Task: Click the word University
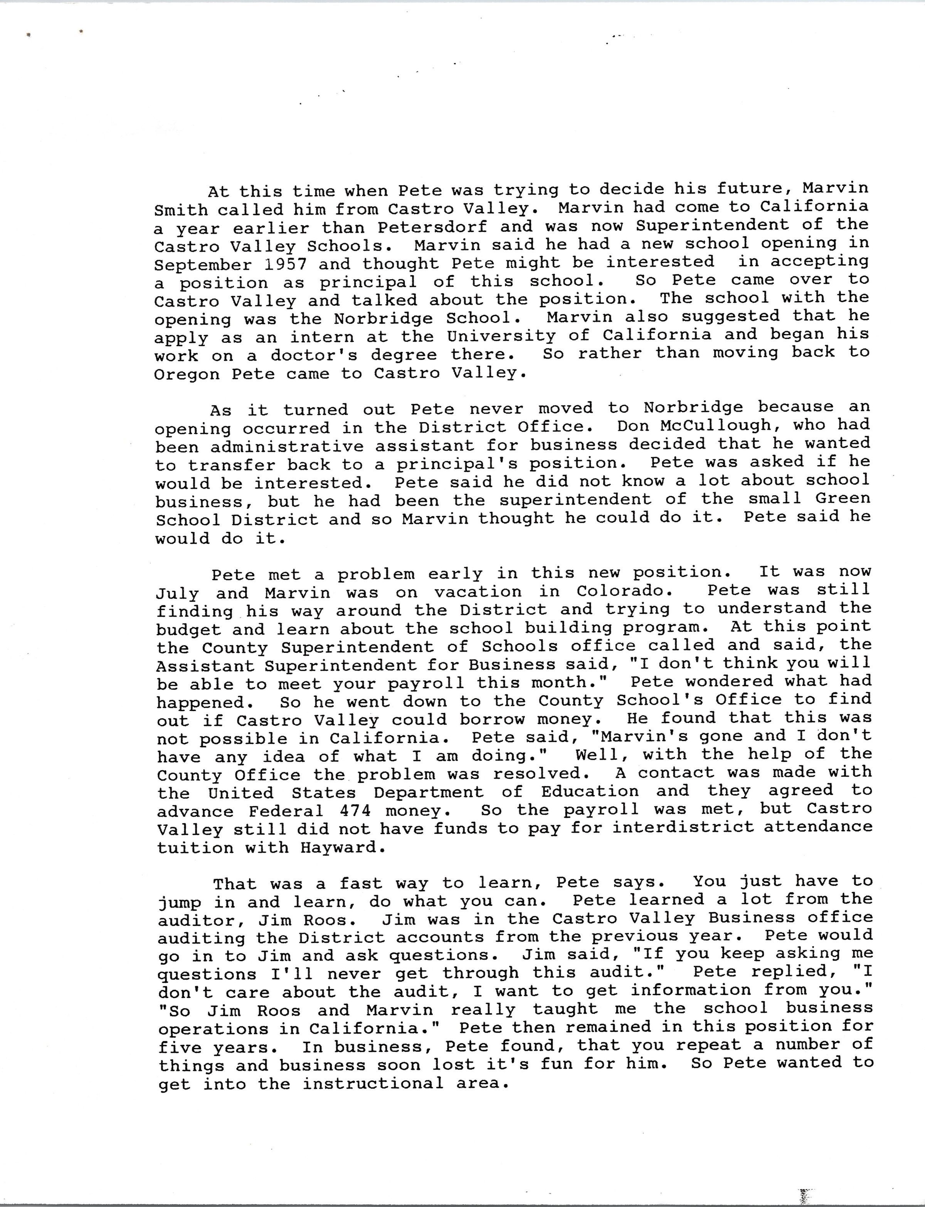pos(501,335)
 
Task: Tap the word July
pos(177,593)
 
